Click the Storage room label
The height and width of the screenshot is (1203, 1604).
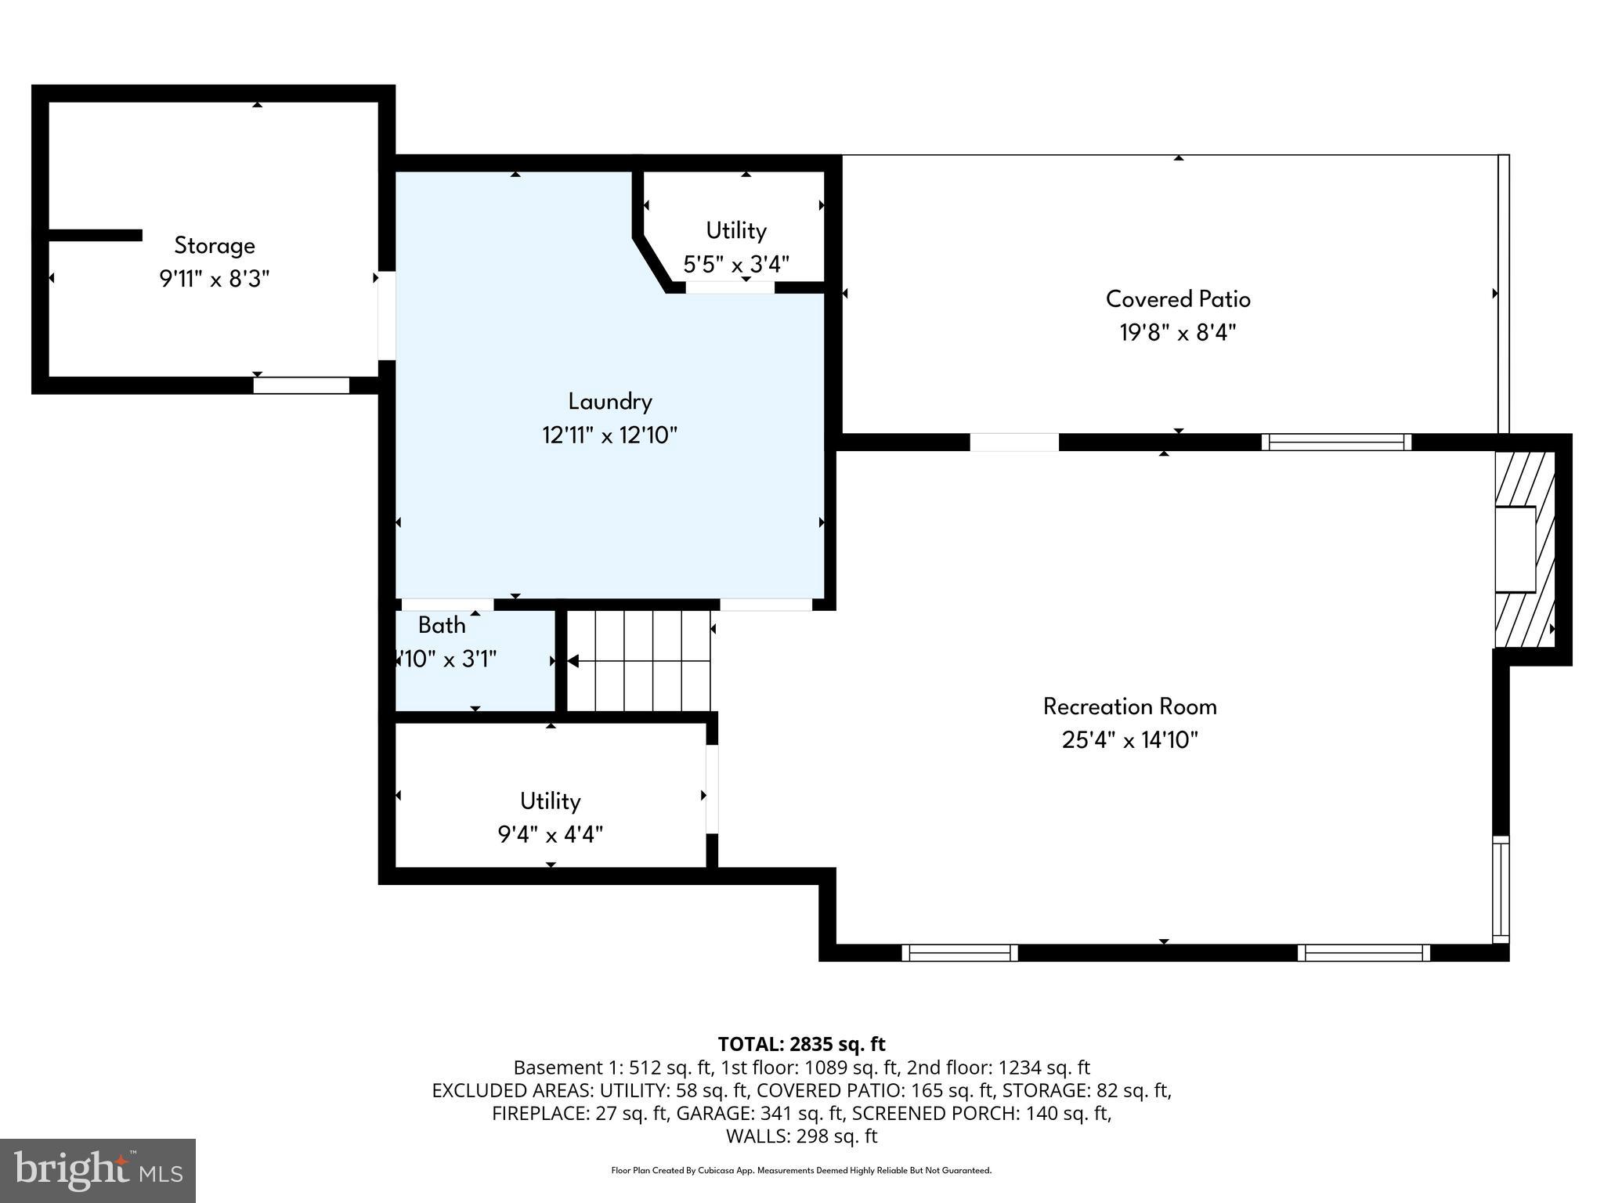click(x=214, y=246)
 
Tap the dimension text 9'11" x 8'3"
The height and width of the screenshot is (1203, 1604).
click(x=214, y=280)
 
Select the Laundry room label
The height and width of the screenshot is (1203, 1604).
click(x=609, y=402)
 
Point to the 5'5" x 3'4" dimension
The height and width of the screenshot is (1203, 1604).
click(x=735, y=264)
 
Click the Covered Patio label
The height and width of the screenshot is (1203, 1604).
click(x=1177, y=299)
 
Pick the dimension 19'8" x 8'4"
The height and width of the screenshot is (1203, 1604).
click(x=1177, y=333)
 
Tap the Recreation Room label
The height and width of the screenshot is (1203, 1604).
click(x=1129, y=706)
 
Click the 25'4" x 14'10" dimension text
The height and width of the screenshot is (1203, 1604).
click(x=1129, y=740)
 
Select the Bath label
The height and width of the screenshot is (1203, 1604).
click(x=442, y=625)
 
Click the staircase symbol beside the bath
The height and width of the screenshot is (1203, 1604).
click(x=638, y=661)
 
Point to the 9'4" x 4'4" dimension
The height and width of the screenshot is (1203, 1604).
click(x=550, y=835)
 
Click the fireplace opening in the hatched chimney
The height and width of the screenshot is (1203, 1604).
click(x=1515, y=549)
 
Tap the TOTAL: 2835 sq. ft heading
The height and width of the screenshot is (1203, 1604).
click(x=801, y=1044)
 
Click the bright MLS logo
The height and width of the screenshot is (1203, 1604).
click(x=98, y=1170)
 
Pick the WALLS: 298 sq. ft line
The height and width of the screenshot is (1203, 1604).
click(x=801, y=1136)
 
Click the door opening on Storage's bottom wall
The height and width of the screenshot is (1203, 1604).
click(x=301, y=385)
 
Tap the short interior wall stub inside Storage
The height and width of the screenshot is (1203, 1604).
click(x=95, y=235)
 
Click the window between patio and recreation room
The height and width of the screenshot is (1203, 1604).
click(x=1336, y=443)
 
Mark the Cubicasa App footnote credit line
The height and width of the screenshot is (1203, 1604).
click(x=801, y=1171)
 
